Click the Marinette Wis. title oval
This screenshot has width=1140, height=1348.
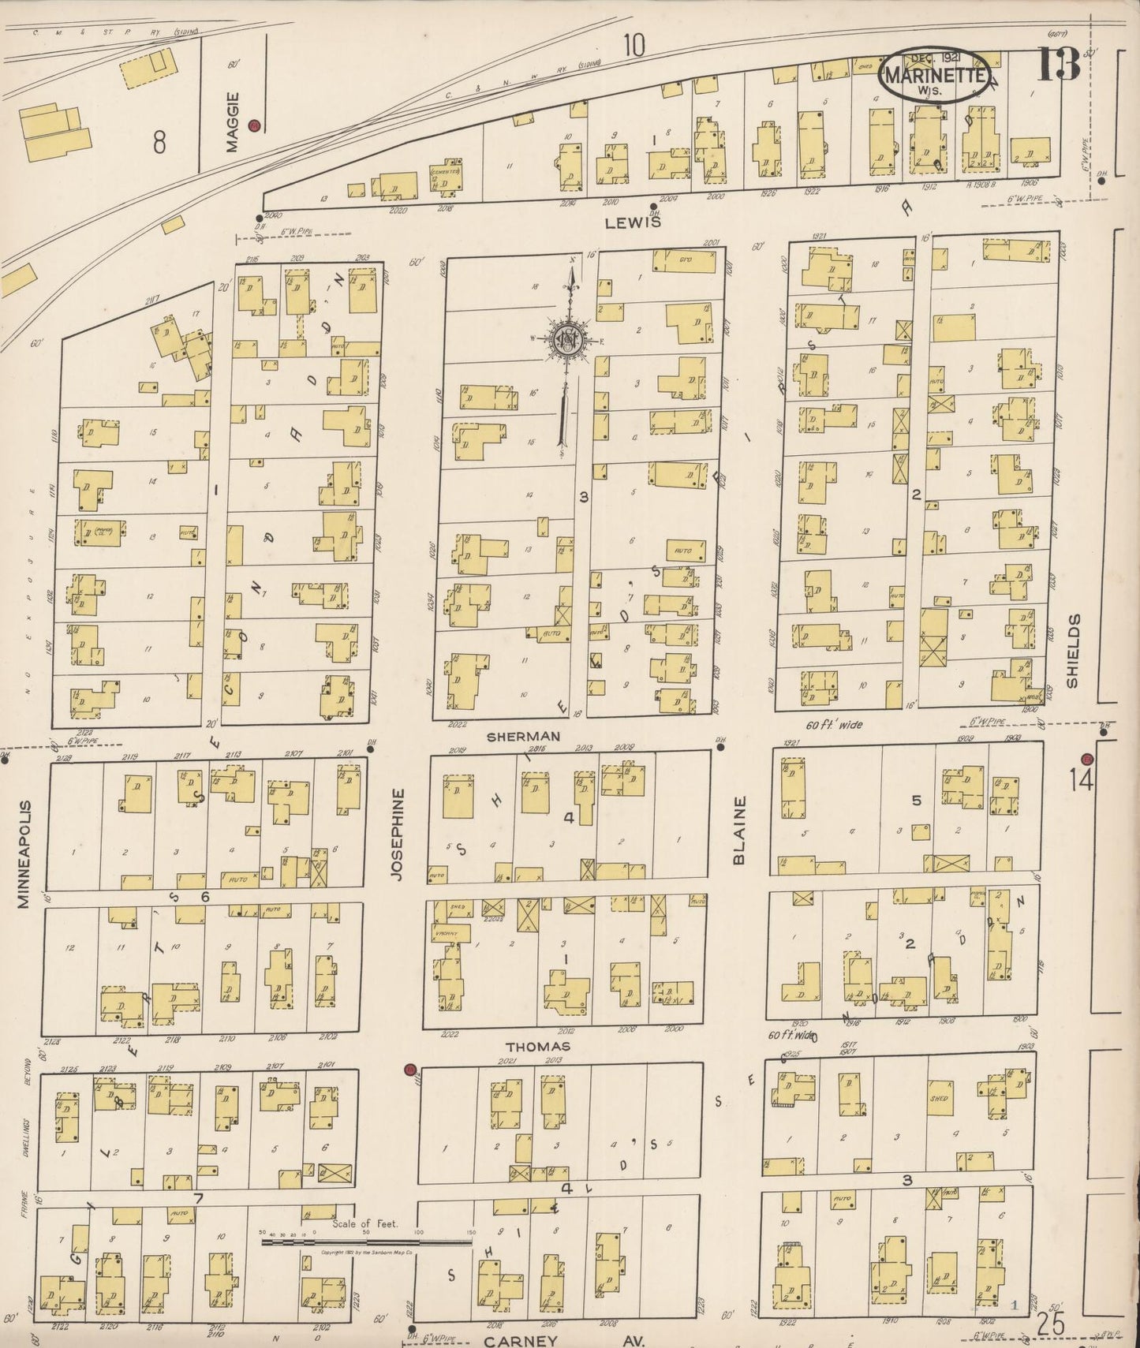935,74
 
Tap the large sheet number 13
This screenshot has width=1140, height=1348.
1057,64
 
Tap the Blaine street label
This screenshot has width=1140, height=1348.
739,830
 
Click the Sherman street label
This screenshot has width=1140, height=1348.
522,736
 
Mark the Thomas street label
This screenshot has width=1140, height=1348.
538,1046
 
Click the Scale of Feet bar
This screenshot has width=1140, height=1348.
366,1242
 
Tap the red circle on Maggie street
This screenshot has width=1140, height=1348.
254,125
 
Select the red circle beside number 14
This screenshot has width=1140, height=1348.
1087,759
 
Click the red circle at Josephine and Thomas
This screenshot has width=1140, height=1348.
409,1070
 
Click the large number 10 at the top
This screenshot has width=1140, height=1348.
632,45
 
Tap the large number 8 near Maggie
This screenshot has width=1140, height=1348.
159,143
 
